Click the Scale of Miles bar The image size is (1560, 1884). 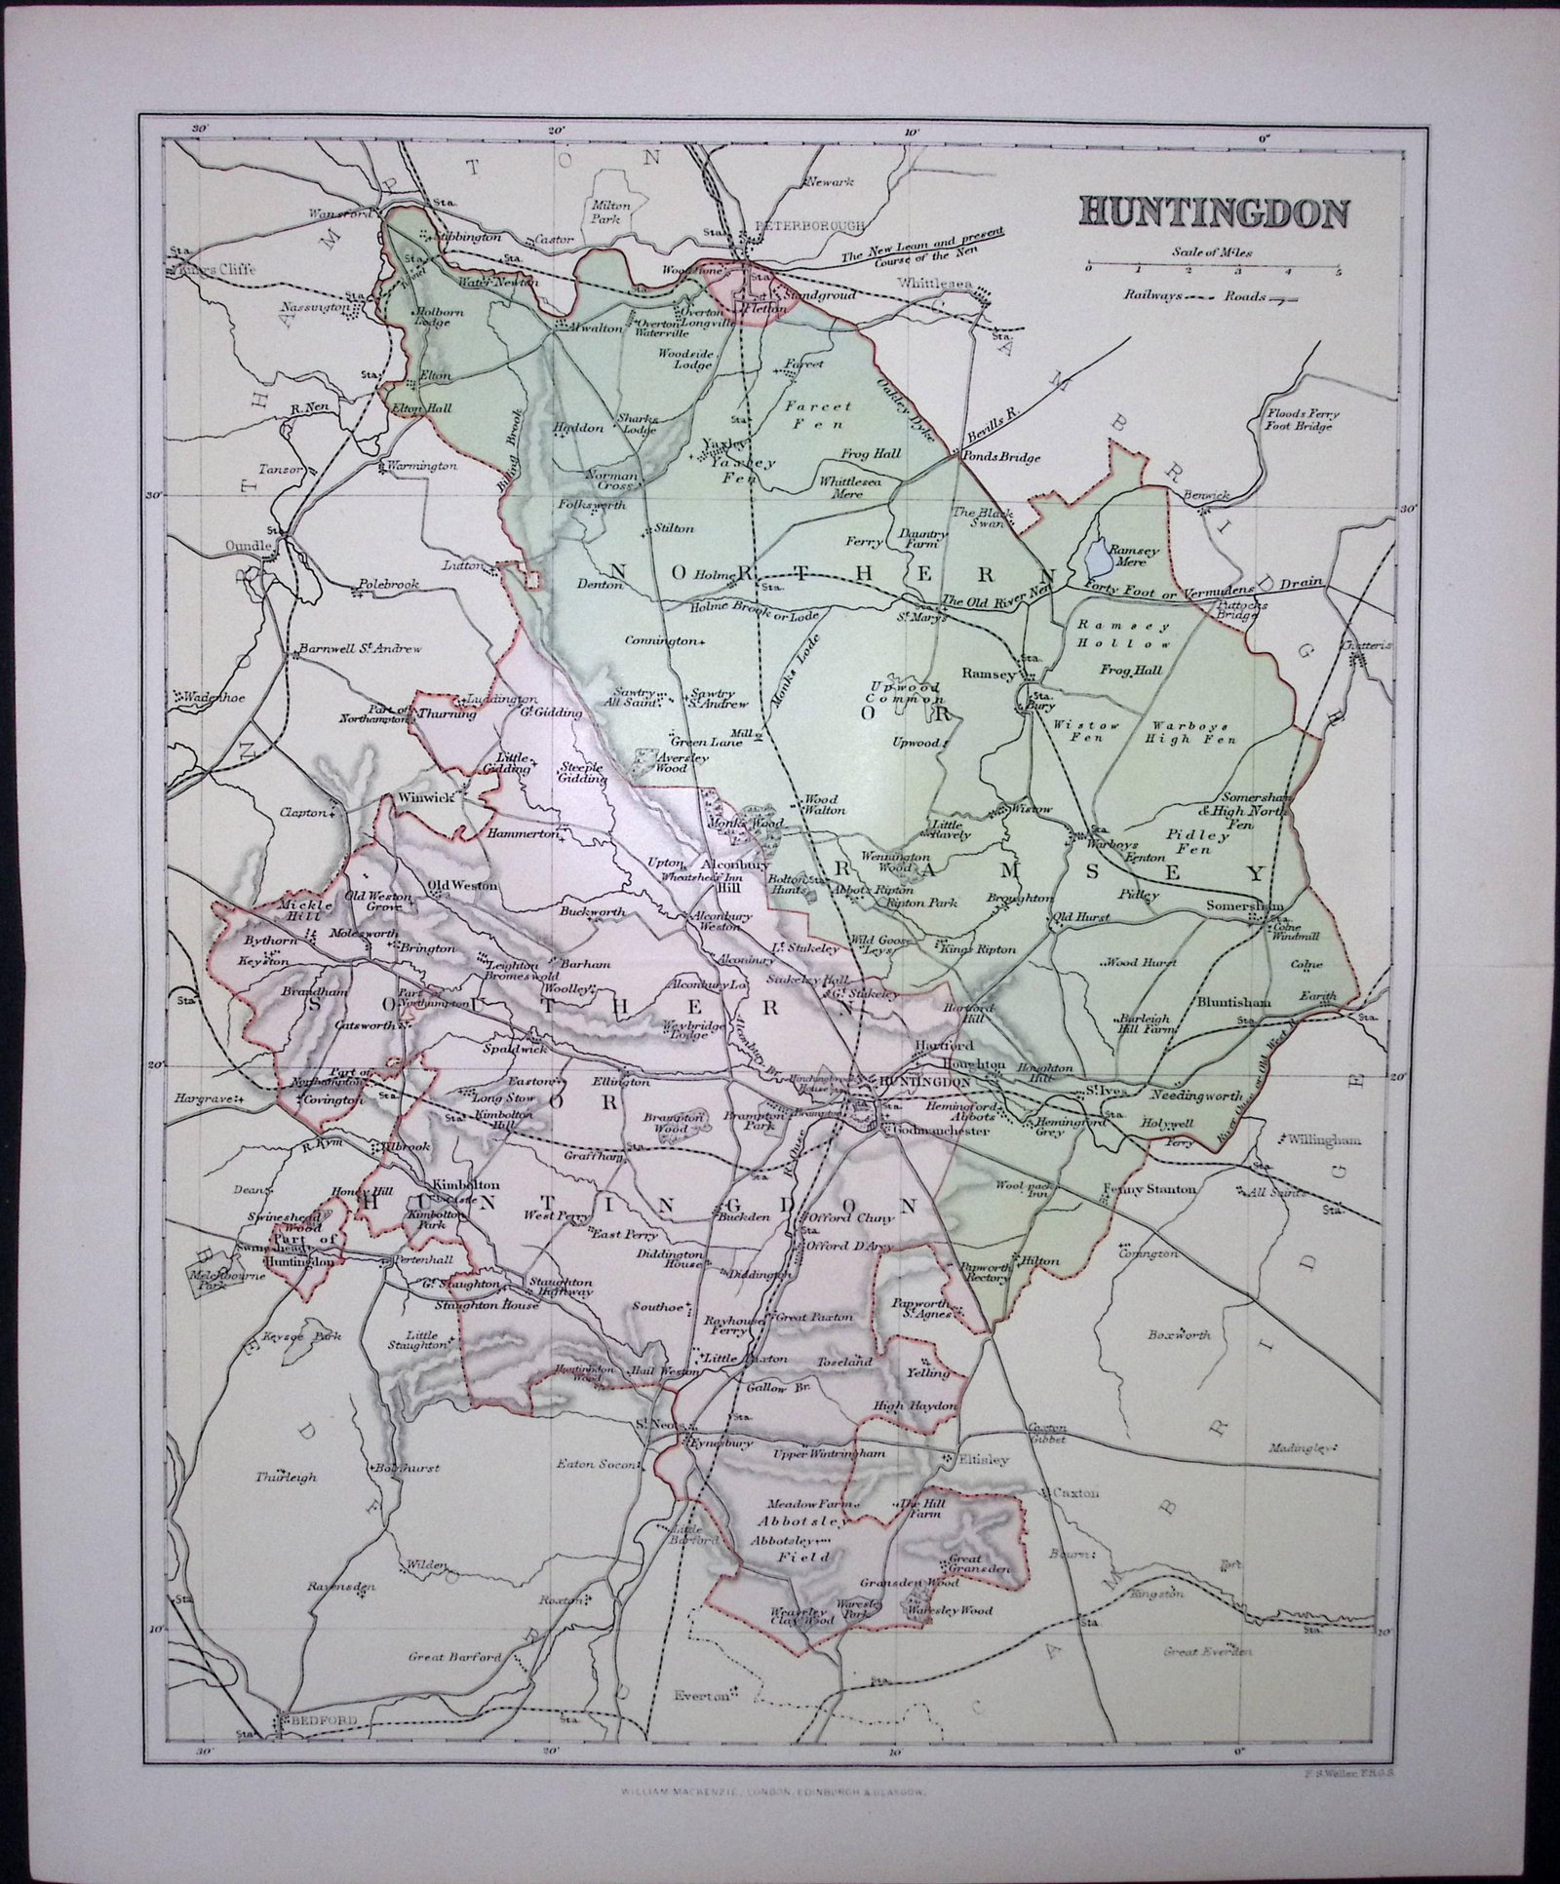[1212, 265]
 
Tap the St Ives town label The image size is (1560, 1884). [1106, 1093]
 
